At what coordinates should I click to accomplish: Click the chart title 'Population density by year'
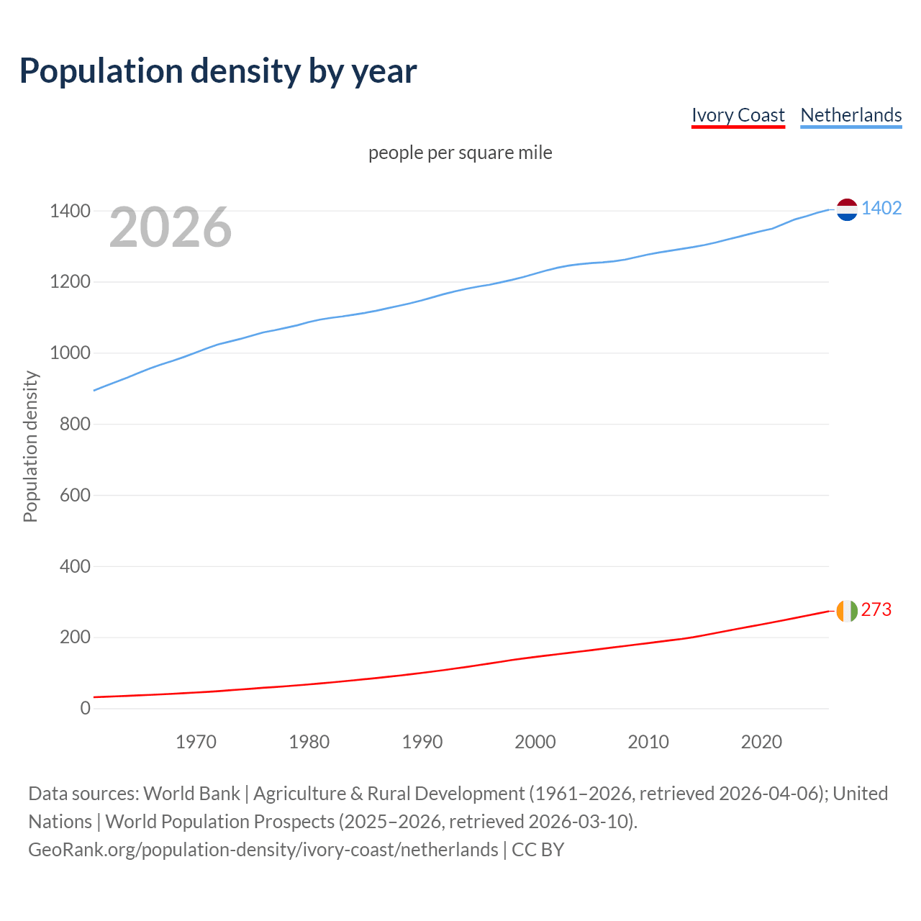point(218,71)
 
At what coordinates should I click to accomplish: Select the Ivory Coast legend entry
point(738,115)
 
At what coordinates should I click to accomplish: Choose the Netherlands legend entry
point(850,115)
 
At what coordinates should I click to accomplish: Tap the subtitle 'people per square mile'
point(460,153)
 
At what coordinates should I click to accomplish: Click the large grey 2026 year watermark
point(171,227)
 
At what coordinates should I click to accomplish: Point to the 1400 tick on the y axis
point(70,211)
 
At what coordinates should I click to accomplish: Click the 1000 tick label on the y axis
point(70,353)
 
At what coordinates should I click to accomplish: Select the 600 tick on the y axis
point(75,495)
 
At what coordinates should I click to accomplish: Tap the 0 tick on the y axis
point(86,708)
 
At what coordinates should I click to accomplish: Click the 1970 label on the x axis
point(196,742)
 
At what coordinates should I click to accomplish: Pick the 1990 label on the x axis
point(422,742)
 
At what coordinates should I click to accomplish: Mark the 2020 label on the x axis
point(761,742)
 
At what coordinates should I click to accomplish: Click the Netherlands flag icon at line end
point(847,209)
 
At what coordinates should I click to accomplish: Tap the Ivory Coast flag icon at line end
point(847,611)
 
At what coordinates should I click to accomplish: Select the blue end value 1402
point(881,209)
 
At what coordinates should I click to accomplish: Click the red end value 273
point(876,609)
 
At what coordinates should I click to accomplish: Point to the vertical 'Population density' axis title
point(30,446)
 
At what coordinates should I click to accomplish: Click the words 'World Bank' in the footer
point(191,794)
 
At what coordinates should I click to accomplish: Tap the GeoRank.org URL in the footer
point(263,850)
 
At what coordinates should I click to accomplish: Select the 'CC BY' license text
point(538,850)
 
